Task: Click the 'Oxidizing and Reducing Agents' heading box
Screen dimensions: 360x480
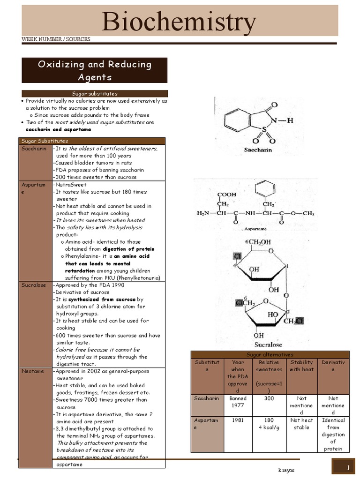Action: (x=94, y=70)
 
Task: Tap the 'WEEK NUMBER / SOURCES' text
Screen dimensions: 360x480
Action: (x=56, y=39)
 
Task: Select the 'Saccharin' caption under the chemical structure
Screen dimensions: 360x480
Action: (x=257, y=150)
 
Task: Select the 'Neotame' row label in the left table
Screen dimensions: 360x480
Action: (x=33, y=371)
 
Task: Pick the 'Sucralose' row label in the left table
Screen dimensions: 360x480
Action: (x=34, y=285)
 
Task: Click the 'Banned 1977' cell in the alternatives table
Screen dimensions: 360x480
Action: (x=238, y=402)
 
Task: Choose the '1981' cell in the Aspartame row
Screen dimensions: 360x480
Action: (x=238, y=420)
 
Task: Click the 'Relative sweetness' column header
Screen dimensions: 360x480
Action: (x=269, y=366)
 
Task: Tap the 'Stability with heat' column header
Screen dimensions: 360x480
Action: (x=301, y=366)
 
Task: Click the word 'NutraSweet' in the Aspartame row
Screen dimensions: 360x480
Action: (x=70, y=185)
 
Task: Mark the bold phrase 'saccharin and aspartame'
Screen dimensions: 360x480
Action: (x=59, y=129)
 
